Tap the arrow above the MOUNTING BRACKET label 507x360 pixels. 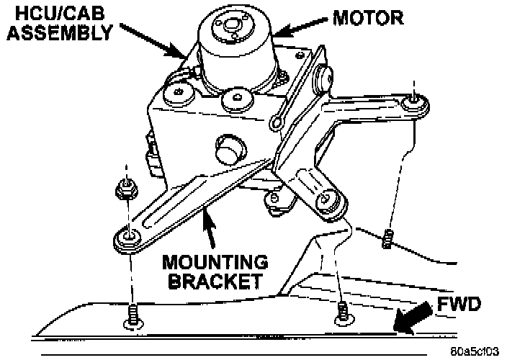pyautogui.click(x=209, y=226)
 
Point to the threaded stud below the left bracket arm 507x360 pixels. pyautogui.click(x=133, y=315)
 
